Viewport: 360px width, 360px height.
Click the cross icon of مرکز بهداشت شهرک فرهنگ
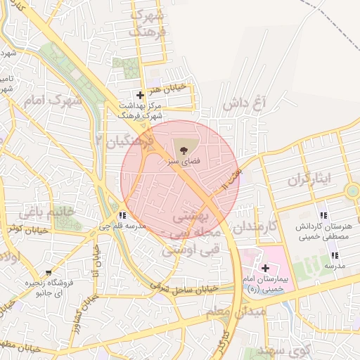(141, 95)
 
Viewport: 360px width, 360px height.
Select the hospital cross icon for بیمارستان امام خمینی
(265, 268)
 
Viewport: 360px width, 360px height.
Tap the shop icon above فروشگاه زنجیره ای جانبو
(48, 272)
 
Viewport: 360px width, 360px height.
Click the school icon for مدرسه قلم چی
(123, 215)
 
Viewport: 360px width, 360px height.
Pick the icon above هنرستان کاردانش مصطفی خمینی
(323, 214)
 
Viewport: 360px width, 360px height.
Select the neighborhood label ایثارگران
(308, 179)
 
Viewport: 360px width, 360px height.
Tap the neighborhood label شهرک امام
(53, 101)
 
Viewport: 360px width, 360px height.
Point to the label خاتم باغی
(46, 212)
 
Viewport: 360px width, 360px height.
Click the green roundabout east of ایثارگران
(352, 191)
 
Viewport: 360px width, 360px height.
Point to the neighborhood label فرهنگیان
(130, 143)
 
